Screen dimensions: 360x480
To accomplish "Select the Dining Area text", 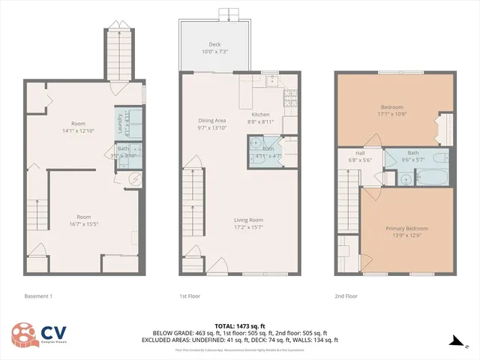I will (211, 121).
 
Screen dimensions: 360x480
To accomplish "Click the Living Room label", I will (247, 220).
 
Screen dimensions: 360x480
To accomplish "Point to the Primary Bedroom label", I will (406, 228).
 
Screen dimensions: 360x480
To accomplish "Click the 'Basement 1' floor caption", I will (39, 295).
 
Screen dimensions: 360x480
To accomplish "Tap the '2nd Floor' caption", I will (346, 295).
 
